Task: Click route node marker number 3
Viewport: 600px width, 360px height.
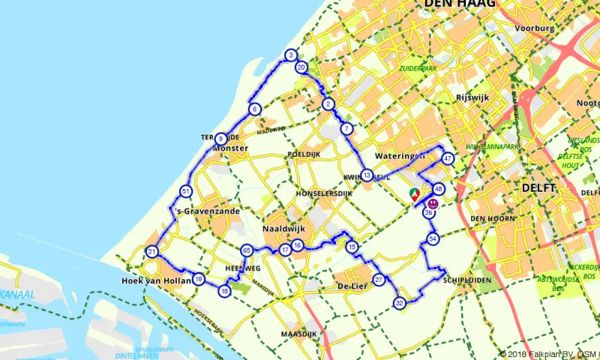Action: pyautogui.click(x=290, y=55)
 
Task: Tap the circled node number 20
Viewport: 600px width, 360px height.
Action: pyautogui.click(x=301, y=67)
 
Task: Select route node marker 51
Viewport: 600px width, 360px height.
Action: pyautogui.click(x=186, y=192)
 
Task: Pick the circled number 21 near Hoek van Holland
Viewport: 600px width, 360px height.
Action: pyautogui.click(x=151, y=251)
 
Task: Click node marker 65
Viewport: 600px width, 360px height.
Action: pyautogui.click(x=246, y=250)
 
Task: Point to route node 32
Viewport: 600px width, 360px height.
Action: pyautogui.click(x=400, y=303)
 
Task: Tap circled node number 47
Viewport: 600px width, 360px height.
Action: pyautogui.click(x=448, y=158)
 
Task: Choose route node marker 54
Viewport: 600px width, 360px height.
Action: pyautogui.click(x=433, y=238)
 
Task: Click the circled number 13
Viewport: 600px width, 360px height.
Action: pyautogui.click(x=366, y=175)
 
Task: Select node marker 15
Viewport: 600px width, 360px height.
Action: pyautogui.click(x=352, y=247)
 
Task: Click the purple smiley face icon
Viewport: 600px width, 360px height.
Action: pyautogui.click(x=433, y=203)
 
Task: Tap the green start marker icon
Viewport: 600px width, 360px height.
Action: pyautogui.click(x=414, y=194)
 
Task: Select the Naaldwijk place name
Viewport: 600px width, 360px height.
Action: pyautogui.click(x=283, y=228)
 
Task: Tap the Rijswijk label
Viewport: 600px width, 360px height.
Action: pyautogui.click(x=472, y=97)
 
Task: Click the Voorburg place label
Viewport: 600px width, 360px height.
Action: pyautogui.click(x=535, y=28)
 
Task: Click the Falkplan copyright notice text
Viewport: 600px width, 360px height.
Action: pyautogui.click(x=549, y=353)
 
